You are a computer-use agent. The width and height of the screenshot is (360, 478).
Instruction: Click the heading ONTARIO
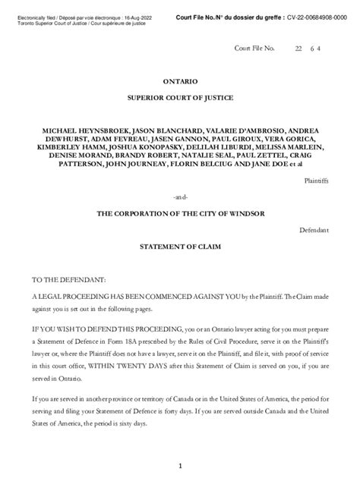tap(180, 80)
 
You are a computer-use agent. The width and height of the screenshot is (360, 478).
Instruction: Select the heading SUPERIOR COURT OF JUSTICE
tap(180, 98)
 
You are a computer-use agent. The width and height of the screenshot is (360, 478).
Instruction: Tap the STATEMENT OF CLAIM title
tap(180, 247)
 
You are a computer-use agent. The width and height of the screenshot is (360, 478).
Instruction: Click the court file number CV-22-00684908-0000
tap(308, 17)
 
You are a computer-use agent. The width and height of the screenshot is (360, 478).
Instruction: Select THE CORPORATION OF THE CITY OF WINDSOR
tap(180, 214)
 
